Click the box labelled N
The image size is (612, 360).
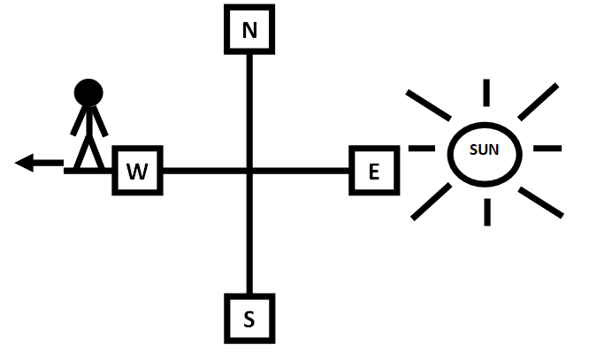[249, 30]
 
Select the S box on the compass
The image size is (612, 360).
[249, 318]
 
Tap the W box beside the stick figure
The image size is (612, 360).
[136, 171]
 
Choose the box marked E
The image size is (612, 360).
[374, 171]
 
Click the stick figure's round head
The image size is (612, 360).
[88, 92]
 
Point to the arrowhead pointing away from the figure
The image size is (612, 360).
[25, 163]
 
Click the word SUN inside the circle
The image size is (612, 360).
[484, 150]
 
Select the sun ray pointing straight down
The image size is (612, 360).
[485, 211]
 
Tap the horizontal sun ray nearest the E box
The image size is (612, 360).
[422, 149]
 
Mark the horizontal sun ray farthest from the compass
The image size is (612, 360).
[548, 149]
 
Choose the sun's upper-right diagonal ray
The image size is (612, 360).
[538, 101]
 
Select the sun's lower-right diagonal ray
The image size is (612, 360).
[539, 202]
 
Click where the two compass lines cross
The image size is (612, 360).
[249, 170]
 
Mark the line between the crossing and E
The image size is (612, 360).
[301, 170]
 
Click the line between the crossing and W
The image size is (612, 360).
[203, 170]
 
